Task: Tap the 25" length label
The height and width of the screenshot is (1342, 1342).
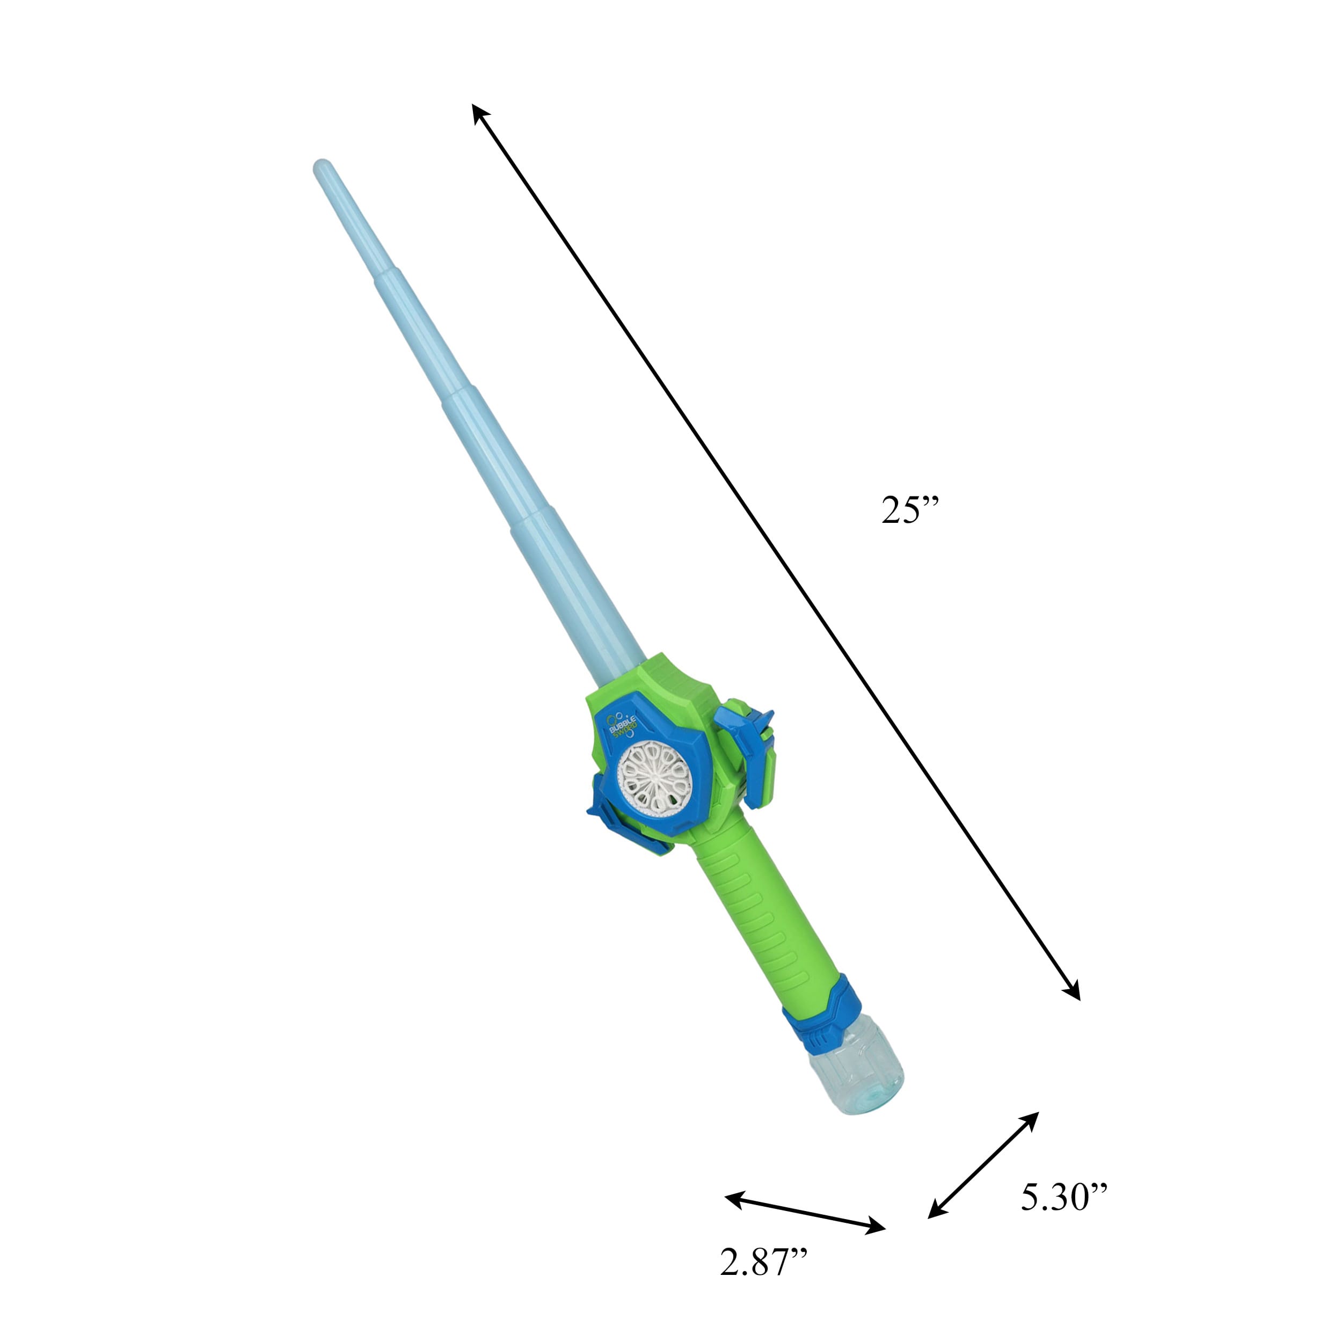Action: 909,510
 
